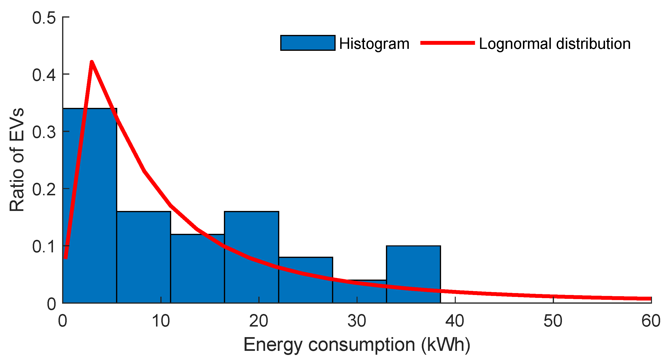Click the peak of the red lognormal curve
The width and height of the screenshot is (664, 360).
(91, 62)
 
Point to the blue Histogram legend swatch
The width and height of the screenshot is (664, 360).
(307, 43)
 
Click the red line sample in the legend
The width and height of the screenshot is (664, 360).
(447, 43)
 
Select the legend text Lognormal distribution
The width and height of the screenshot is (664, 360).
(554, 44)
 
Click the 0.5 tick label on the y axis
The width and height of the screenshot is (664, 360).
(44, 18)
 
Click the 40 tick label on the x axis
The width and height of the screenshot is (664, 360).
(455, 321)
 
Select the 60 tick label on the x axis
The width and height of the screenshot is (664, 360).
(651, 321)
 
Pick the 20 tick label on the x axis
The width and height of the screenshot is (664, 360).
(259, 321)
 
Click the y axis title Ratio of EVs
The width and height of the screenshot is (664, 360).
(17, 160)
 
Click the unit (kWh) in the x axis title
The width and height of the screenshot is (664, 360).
(446, 345)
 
